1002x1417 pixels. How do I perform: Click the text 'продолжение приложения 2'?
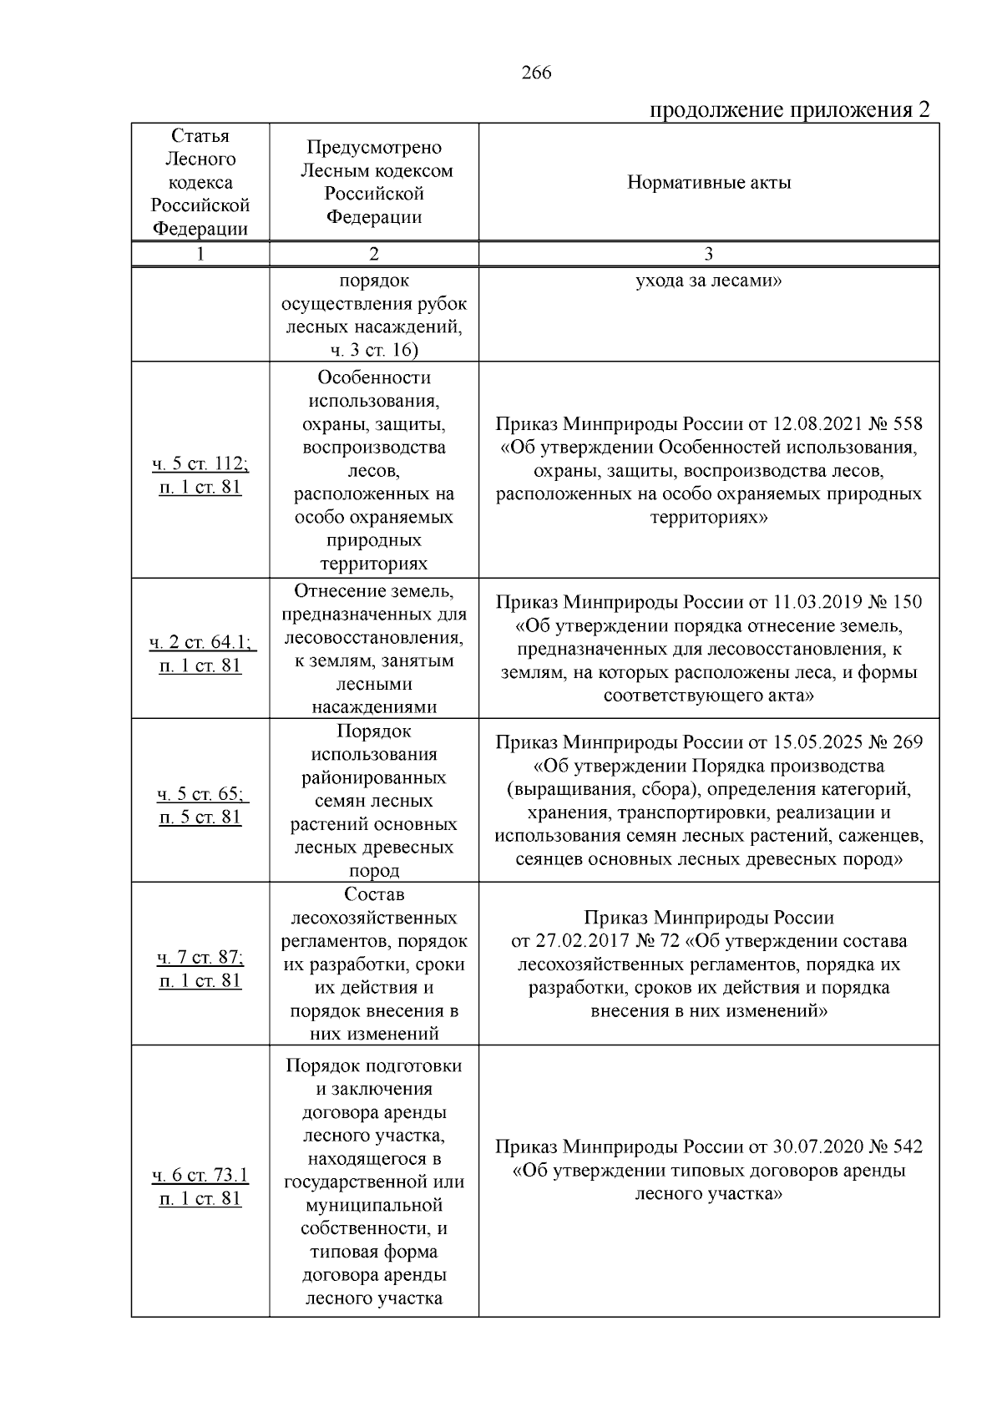[789, 110]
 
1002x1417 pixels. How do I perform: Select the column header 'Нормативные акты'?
[709, 183]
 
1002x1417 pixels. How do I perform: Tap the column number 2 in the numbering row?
[373, 255]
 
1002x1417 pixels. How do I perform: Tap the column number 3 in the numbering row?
[709, 255]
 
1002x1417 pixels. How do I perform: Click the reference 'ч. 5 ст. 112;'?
[200, 463]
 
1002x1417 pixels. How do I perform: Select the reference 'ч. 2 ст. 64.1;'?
[200, 642]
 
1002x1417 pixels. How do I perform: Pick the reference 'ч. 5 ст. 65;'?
[200, 793]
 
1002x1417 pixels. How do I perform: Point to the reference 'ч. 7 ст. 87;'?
[200, 957]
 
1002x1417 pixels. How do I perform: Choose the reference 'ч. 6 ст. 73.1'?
[200, 1176]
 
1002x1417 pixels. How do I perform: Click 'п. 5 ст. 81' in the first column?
[200, 817]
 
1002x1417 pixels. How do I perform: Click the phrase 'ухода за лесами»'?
[709, 281]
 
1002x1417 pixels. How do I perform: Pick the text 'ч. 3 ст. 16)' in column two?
[373, 350]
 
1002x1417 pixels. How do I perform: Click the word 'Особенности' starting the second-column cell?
[373, 377]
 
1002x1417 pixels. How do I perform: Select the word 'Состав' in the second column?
[373, 894]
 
